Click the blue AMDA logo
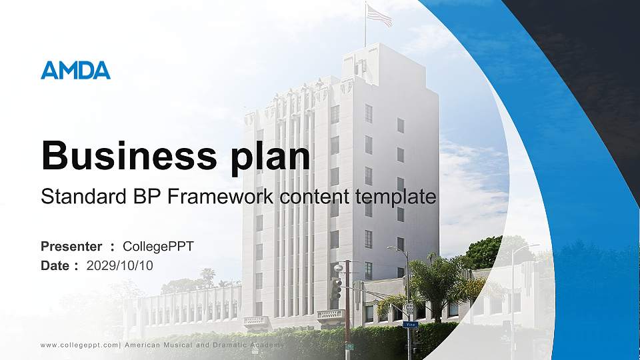tap(75, 70)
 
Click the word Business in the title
tap(129, 155)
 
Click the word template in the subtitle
tap(395, 198)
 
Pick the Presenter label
tap(71, 247)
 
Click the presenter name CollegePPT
tap(159, 247)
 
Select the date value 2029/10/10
tap(119, 266)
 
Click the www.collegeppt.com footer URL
tap(79, 345)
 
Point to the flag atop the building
tap(379, 15)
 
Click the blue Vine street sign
tap(410, 325)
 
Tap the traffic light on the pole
tap(336, 289)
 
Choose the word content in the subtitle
tap(315, 197)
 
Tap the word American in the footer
tap(143, 345)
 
